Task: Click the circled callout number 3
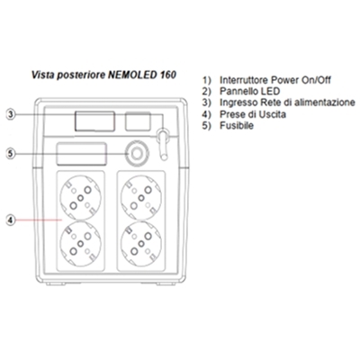tap(11, 114)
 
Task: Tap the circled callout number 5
tap(11, 154)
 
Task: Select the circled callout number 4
tap(11, 220)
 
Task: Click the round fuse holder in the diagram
tap(137, 154)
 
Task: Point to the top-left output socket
tap(81, 198)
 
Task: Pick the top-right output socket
tap(141, 198)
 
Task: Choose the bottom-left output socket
tap(81, 244)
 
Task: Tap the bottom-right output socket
tap(141, 244)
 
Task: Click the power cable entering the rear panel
tap(163, 143)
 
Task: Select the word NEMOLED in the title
tap(131, 75)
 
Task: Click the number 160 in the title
tap(167, 75)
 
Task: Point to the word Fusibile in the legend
tap(237, 125)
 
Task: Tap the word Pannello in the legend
tap(238, 91)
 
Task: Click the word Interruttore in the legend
tap(244, 80)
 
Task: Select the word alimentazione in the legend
tap(325, 103)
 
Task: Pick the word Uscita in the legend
tap(271, 114)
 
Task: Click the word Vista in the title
tap(42, 75)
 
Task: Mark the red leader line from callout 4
tap(39, 220)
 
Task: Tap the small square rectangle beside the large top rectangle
tap(138, 121)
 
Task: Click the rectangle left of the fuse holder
tap(81, 154)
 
